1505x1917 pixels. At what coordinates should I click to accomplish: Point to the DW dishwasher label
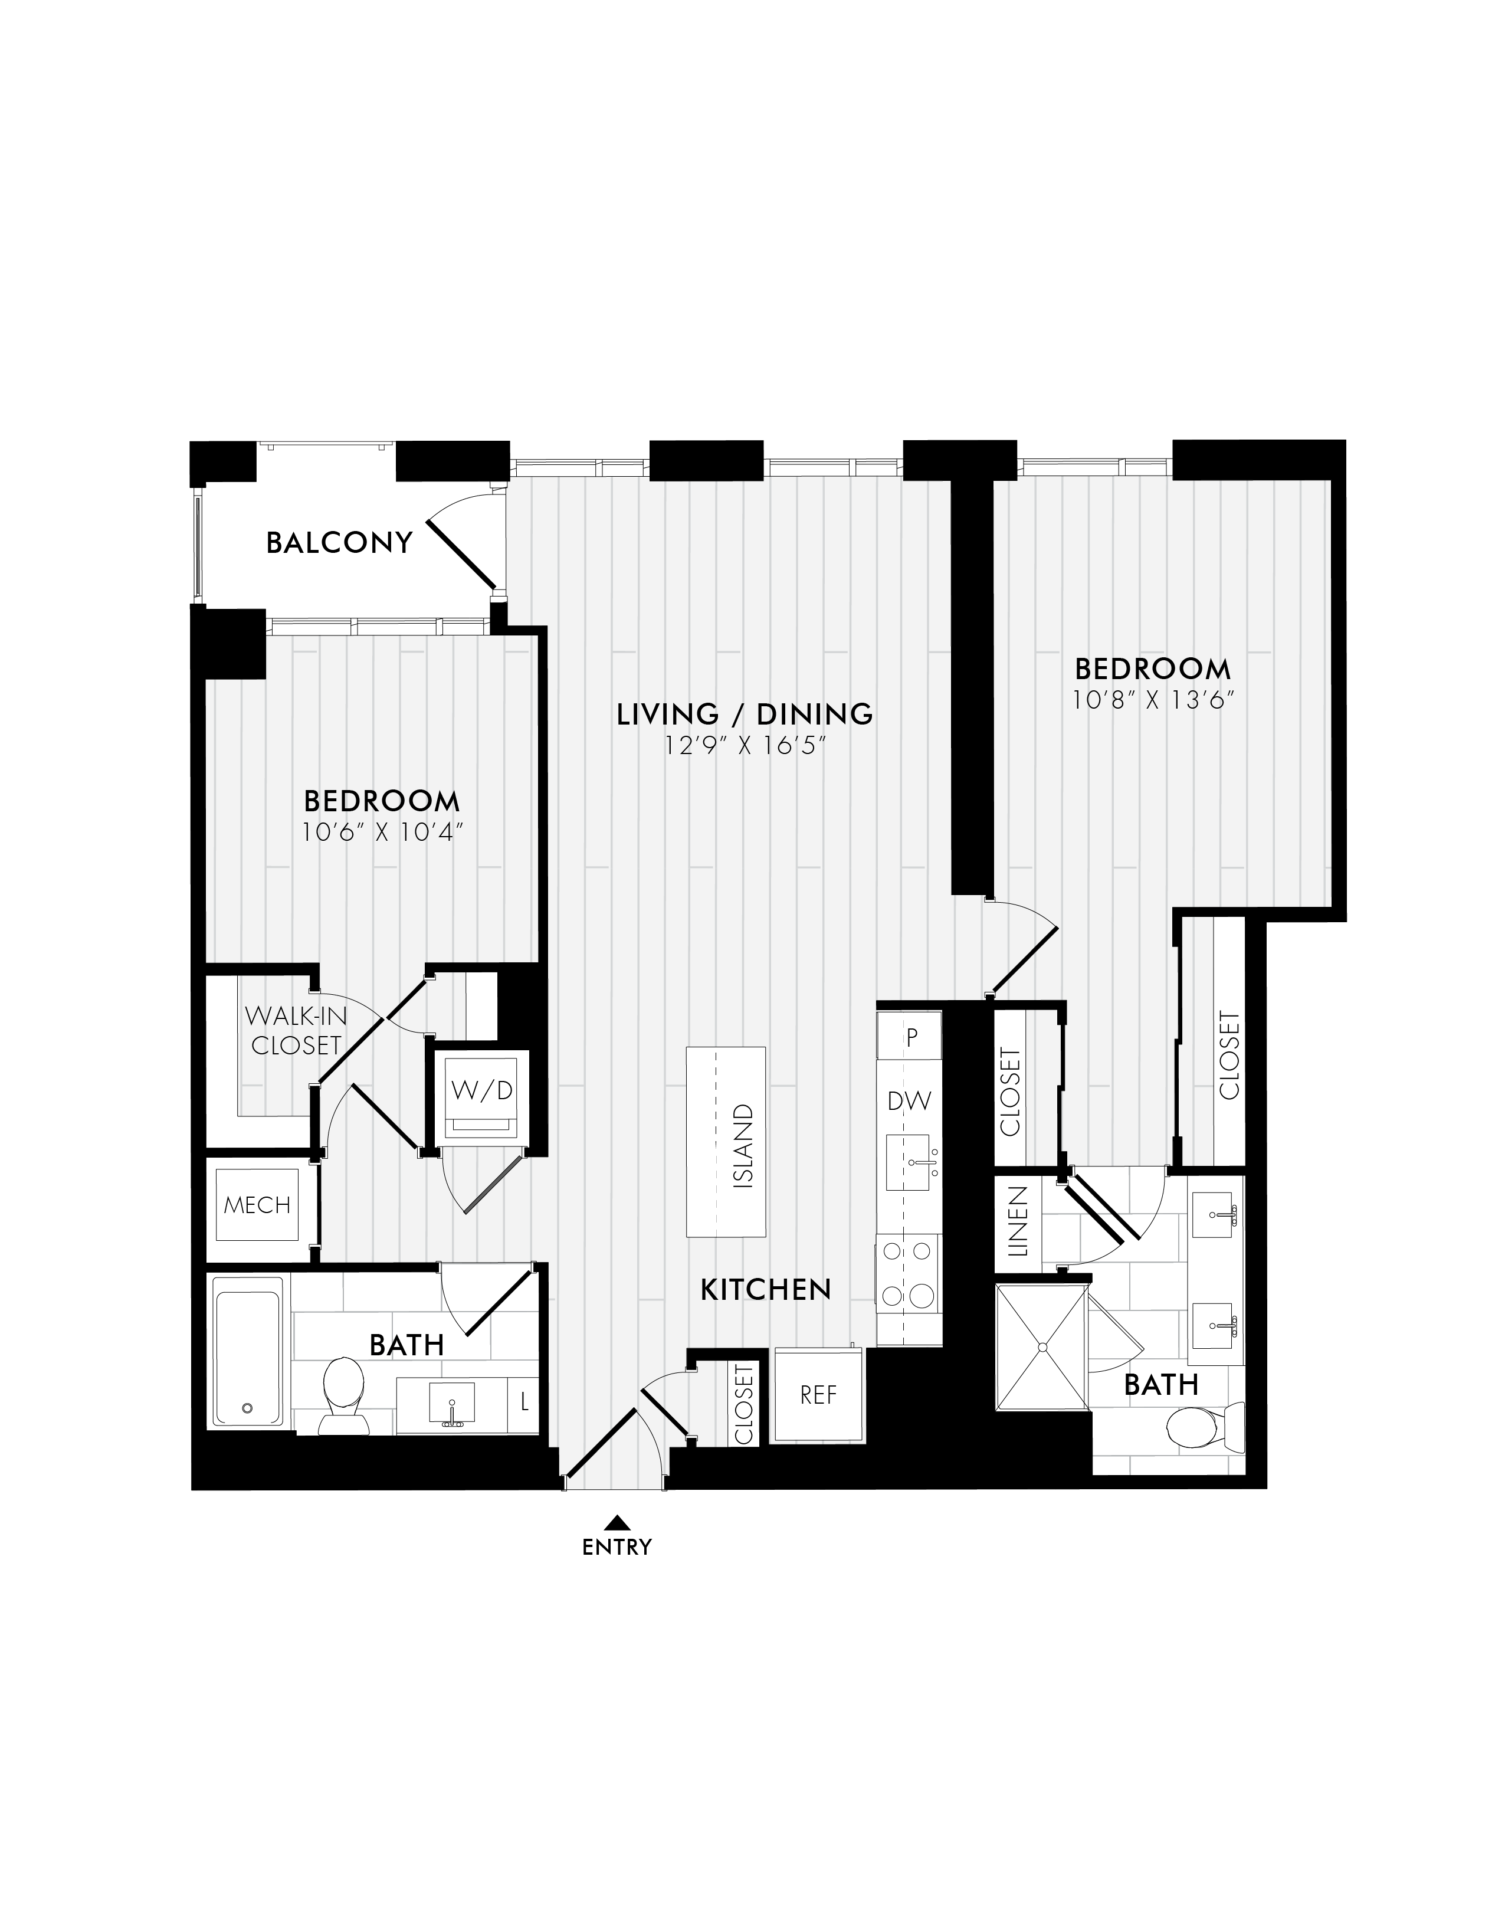[909, 1101]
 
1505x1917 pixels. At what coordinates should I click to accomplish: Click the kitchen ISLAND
[727, 1142]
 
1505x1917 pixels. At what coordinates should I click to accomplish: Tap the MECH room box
[257, 1205]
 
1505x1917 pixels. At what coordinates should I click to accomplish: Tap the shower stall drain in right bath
[1042, 1347]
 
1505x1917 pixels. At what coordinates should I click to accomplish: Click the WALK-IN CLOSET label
[295, 1030]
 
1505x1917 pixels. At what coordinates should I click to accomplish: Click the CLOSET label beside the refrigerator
[745, 1405]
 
